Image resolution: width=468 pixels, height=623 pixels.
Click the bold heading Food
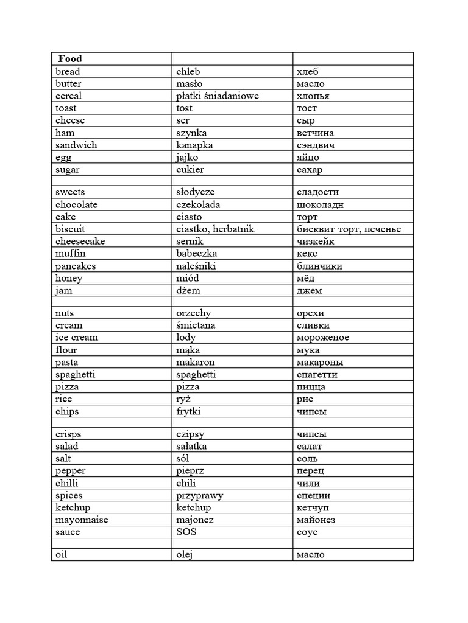(x=70, y=59)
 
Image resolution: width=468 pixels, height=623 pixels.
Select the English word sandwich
(x=76, y=145)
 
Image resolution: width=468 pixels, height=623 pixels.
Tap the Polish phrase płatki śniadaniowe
(x=218, y=96)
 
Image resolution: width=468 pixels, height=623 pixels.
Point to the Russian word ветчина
(x=315, y=133)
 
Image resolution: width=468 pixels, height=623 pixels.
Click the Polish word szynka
(x=191, y=133)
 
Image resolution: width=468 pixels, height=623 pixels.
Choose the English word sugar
(x=67, y=169)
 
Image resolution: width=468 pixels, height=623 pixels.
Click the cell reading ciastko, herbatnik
(x=215, y=229)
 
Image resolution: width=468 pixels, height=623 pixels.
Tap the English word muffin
(x=71, y=253)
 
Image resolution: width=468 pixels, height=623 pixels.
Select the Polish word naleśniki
(x=196, y=266)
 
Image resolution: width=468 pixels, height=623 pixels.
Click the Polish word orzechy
(x=194, y=313)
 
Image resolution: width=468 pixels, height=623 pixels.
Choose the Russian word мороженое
(x=323, y=337)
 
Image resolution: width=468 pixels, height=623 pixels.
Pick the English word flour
(x=66, y=350)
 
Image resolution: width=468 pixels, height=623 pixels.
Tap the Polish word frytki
(x=188, y=411)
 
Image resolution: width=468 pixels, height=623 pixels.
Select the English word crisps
(x=68, y=434)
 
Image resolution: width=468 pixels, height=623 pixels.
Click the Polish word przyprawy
(x=200, y=495)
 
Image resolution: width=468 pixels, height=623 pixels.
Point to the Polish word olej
(x=185, y=554)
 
